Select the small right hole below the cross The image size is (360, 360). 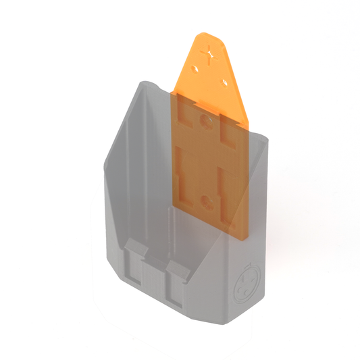pyautogui.click(x=224, y=82)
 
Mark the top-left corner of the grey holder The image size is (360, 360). pyautogui.click(x=143, y=83)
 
